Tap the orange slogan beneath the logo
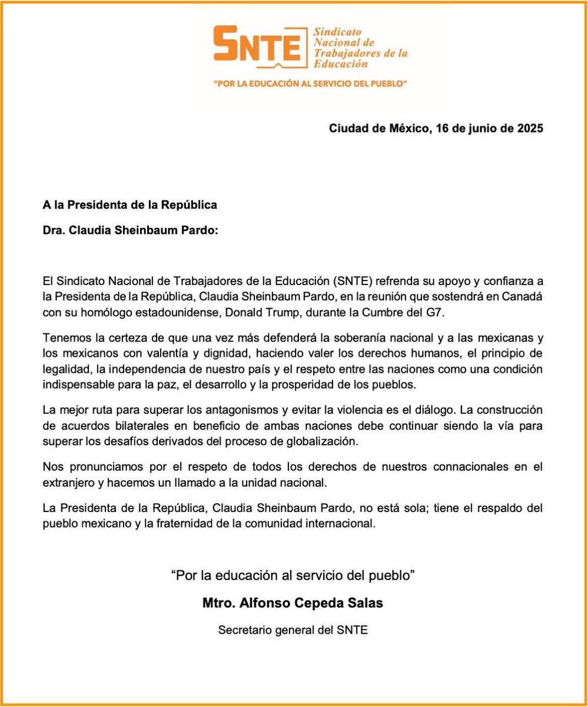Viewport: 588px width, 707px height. tap(311, 84)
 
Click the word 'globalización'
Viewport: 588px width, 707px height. tap(324, 440)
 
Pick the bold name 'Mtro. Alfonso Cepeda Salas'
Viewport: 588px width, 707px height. tap(293, 604)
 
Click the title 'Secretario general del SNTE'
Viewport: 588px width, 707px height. tap(293, 630)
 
